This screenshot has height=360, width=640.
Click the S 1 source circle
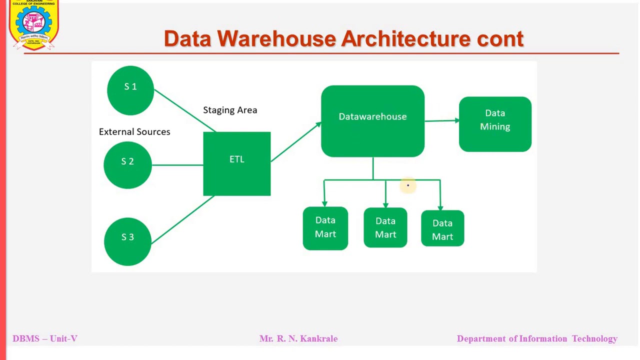click(130, 90)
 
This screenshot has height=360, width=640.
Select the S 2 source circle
click(127, 164)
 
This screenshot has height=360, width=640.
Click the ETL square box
click(237, 163)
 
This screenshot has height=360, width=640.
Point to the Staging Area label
click(230, 110)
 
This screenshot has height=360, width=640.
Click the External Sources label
click(134, 131)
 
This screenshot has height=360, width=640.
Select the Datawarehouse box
click(372, 121)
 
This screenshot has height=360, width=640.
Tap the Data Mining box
click(495, 124)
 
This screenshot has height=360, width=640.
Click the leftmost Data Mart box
click(325, 228)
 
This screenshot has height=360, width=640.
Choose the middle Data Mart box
click(385, 228)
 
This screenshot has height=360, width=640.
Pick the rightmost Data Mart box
click(442, 229)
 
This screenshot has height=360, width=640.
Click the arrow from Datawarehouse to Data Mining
click(442, 120)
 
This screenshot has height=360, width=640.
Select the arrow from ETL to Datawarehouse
click(295, 142)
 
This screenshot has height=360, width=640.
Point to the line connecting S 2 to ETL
click(177, 164)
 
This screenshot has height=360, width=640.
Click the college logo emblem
click(34, 24)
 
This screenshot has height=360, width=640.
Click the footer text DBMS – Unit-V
click(45, 338)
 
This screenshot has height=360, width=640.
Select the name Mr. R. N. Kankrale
click(298, 338)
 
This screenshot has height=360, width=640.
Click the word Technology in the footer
click(594, 338)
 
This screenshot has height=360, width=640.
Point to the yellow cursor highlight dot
click(407, 186)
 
